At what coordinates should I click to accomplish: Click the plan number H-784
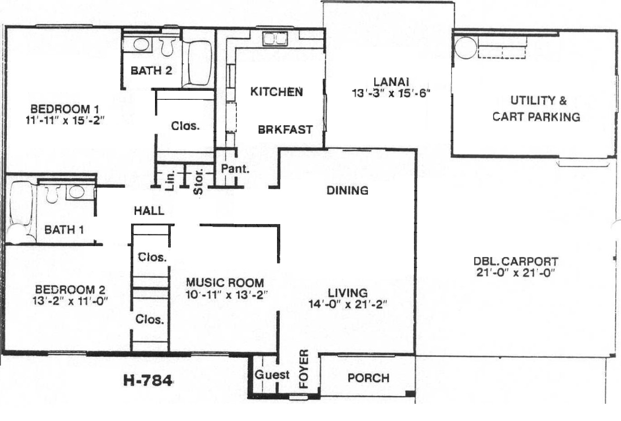148,380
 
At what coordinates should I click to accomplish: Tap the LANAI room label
391,82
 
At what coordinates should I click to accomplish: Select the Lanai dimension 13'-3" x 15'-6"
391,94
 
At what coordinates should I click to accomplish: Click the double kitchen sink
275,39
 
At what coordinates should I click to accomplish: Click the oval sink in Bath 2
141,44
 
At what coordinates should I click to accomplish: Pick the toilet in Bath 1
52,194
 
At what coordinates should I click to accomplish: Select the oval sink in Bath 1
76,192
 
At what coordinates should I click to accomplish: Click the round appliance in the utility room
466,48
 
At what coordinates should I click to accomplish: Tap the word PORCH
368,378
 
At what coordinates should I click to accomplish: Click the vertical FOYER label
304,369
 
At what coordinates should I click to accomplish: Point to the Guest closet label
272,375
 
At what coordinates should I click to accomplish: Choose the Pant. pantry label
235,169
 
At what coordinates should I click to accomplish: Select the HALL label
149,211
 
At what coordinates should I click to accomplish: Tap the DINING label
348,191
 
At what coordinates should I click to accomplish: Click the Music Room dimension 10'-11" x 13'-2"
227,295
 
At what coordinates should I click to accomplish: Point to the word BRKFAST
285,130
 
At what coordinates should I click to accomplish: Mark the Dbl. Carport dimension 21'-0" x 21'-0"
516,273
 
